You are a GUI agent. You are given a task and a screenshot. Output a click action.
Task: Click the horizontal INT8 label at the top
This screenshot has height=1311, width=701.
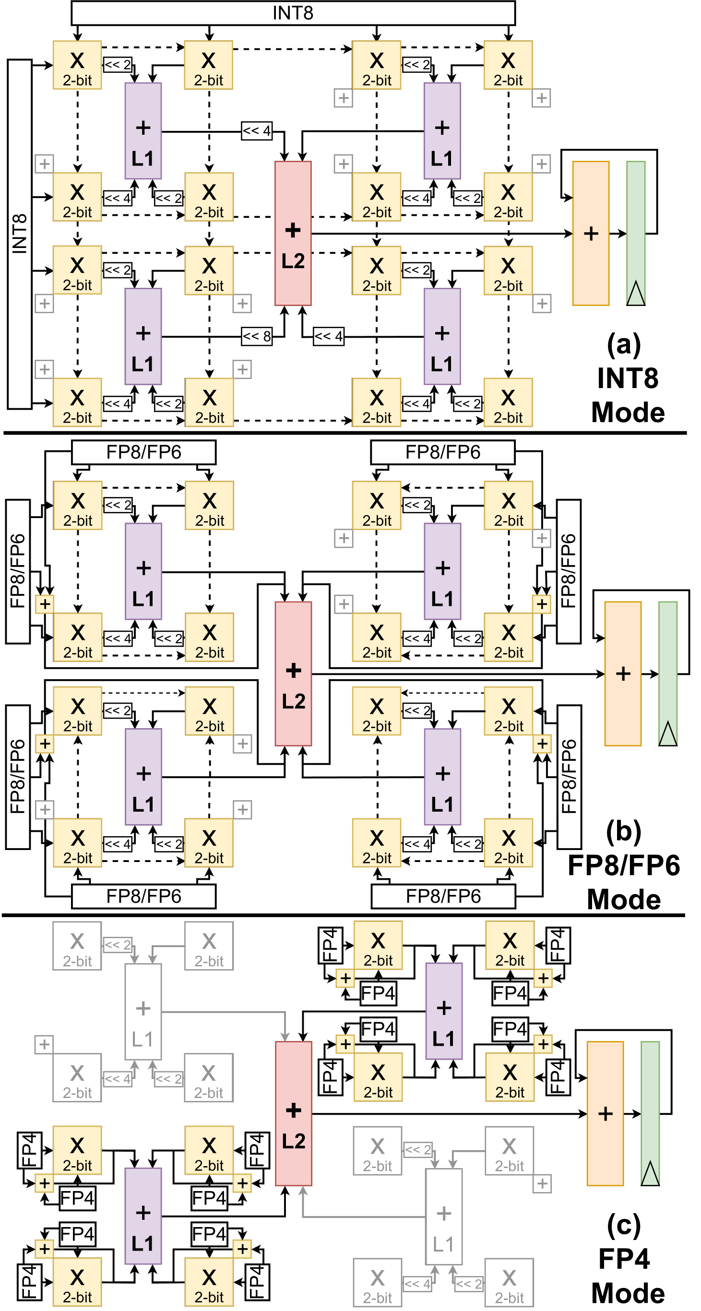pos(293,13)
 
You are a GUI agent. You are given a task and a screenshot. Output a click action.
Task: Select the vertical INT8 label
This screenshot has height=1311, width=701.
pos(19,234)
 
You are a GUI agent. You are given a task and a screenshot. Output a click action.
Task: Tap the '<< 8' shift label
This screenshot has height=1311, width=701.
pos(257,336)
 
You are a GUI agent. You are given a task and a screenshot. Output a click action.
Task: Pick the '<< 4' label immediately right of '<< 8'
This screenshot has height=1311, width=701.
pos(328,336)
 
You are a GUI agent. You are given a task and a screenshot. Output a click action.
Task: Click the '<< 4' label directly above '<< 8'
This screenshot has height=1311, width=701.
pos(257,131)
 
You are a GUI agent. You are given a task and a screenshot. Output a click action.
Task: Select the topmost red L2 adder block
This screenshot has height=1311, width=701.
pos(293,234)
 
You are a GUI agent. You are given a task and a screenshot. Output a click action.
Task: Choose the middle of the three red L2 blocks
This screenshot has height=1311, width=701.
pos(293,673)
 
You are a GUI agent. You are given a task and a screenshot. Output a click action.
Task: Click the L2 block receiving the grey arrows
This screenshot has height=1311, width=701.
pos(293,1113)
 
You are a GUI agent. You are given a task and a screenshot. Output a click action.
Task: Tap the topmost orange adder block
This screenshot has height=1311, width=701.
pos(591,234)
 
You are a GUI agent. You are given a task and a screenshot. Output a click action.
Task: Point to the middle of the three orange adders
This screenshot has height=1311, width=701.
pos(623,673)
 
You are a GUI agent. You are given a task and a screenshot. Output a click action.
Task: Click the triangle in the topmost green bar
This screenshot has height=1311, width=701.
pos(635,294)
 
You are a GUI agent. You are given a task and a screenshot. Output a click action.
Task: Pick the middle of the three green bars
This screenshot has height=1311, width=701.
pos(668,673)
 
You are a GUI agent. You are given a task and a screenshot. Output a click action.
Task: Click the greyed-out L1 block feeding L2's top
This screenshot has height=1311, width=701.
pos(143,1012)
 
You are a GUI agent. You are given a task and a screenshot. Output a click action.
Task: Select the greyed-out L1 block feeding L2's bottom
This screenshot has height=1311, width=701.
pos(443,1217)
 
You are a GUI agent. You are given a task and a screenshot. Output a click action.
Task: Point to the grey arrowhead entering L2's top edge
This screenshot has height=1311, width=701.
pos(285,1037)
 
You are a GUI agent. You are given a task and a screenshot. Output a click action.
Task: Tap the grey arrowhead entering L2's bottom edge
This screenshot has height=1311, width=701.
pos(303,1191)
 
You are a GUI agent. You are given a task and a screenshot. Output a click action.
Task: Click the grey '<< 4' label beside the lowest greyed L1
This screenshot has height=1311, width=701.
pos(417,1284)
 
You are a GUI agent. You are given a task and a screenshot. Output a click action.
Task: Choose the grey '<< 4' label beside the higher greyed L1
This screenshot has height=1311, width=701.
pos(117,1078)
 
